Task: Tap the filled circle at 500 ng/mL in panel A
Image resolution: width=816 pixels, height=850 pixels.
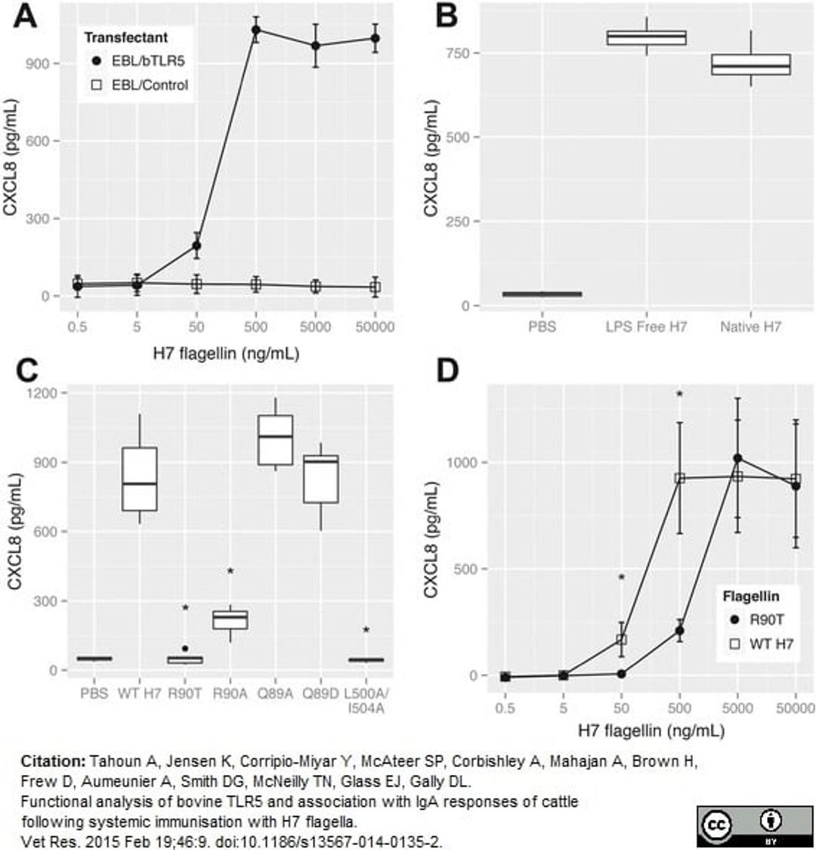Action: coord(256,30)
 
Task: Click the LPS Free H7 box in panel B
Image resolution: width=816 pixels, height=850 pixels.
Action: coord(647,38)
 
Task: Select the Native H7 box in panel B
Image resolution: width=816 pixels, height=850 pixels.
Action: coord(750,65)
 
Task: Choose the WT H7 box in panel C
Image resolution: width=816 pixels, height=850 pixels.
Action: coord(140,479)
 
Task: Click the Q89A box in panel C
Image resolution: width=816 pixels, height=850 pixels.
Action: coord(275,439)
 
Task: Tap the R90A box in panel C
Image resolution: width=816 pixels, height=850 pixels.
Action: coord(230,619)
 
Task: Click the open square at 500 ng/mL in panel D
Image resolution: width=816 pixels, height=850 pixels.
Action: coord(680,478)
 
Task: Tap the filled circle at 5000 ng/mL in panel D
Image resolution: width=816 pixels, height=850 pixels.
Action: coord(737,458)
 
